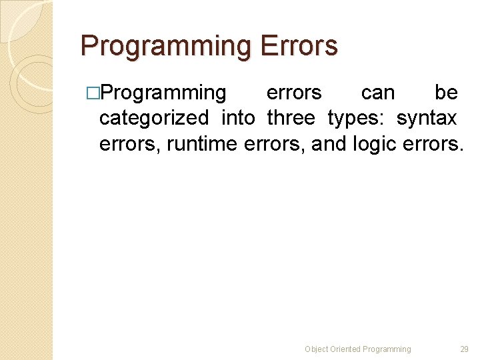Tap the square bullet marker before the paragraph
point(93,93)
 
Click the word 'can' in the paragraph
point(378,92)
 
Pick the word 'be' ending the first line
point(445,92)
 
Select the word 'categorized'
point(153,118)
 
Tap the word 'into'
point(238,118)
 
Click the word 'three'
point(291,118)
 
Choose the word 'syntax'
point(427,119)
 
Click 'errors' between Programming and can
point(293,93)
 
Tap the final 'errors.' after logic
point(433,143)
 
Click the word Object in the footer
point(316,349)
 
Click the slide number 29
point(465,349)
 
